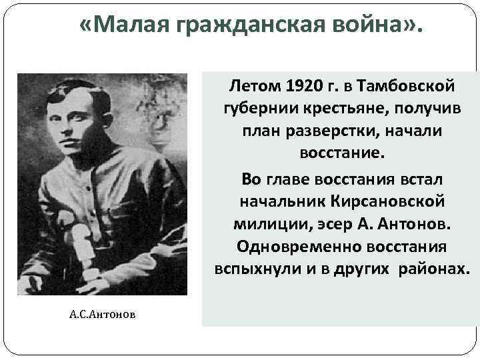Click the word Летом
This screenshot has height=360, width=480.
tap(255, 86)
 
